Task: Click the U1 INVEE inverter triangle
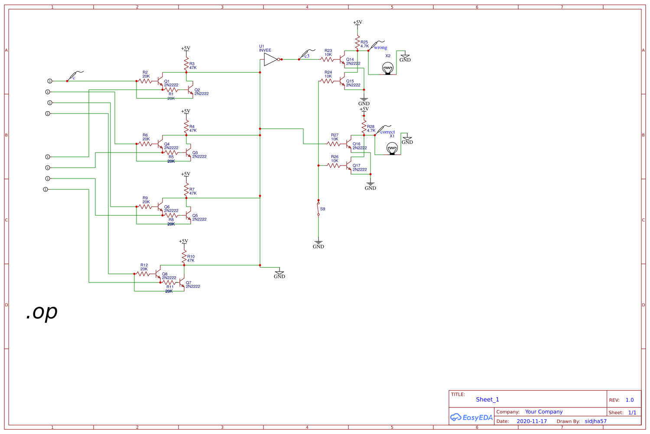[270, 59]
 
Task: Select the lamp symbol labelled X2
[388, 68]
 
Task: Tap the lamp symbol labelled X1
[392, 149]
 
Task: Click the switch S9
[318, 208]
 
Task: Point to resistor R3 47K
[186, 65]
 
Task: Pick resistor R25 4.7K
[357, 43]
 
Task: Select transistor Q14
[343, 60]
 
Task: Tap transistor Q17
[350, 166]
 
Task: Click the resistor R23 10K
[328, 59]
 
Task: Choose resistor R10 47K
[184, 258]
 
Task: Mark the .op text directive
[42, 312]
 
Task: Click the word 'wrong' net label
[380, 48]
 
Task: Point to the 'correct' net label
[387, 132]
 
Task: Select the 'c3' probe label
[307, 56]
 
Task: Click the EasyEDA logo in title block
[471, 418]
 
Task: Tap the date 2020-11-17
[532, 421]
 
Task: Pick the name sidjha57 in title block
[595, 421]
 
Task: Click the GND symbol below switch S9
[318, 244]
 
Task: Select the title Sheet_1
[487, 399]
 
